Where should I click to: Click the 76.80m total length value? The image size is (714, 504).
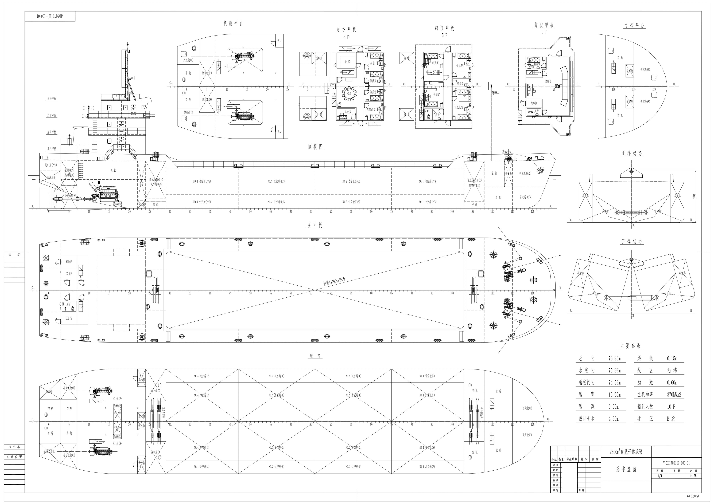click(x=615, y=359)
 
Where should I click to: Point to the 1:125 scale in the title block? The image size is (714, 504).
click(x=693, y=476)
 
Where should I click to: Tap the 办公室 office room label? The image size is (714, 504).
click(x=348, y=112)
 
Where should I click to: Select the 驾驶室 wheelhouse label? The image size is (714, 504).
click(x=548, y=82)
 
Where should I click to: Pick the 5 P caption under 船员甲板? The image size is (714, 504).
click(x=444, y=36)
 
